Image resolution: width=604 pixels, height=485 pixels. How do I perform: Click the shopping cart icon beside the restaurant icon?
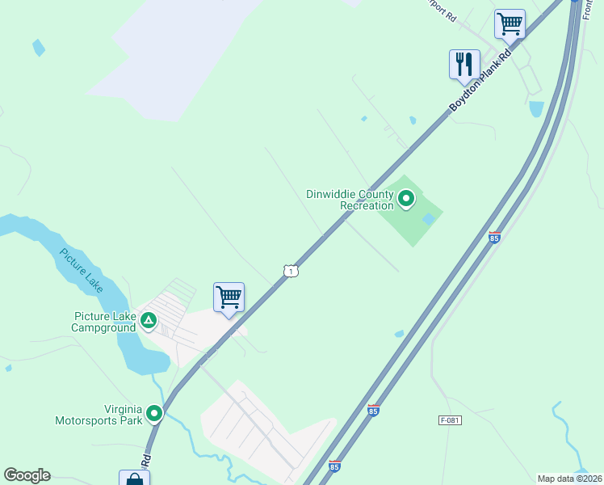click(510, 23)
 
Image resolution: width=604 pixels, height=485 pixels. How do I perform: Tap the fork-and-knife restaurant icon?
click(464, 64)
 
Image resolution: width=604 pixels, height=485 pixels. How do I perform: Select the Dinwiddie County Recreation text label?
click(350, 200)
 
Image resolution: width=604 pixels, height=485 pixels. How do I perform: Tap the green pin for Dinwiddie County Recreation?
click(405, 198)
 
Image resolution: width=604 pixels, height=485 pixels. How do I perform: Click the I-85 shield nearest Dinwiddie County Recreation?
click(494, 237)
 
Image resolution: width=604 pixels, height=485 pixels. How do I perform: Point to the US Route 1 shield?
click(291, 271)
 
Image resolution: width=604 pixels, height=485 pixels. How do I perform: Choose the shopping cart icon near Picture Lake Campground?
click(229, 297)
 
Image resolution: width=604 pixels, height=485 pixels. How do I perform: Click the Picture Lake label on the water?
click(81, 270)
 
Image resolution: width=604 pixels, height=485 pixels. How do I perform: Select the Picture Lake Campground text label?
click(103, 322)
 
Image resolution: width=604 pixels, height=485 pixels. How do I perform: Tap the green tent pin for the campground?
click(149, 321)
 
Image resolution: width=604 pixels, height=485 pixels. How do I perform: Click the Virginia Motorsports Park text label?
click(98, 415)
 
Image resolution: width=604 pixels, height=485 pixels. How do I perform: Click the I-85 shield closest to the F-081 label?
click(373, 410)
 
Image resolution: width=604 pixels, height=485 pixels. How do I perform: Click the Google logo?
click(27, 475)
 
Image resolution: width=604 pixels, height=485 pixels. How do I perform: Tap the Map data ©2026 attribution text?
click(569, 479)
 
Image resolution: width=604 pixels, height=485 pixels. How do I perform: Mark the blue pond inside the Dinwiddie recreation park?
click(429, 218)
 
